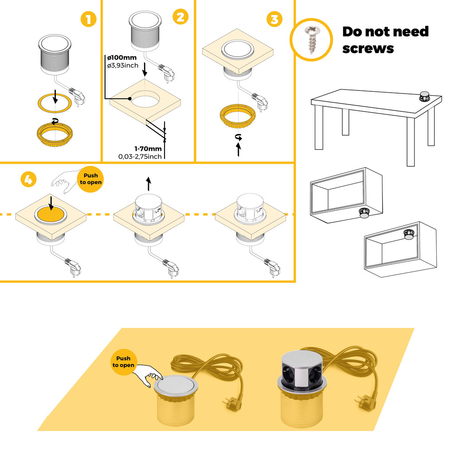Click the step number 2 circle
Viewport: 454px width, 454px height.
pyautogui.click(x=180, y=17)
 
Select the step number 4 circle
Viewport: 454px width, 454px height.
pyautogui.click(x=28, y=180)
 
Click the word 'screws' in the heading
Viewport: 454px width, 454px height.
pyautogui.click(x=368, y=48)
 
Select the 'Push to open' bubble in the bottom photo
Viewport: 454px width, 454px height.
pyautogui.click(x=123, y=362)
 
